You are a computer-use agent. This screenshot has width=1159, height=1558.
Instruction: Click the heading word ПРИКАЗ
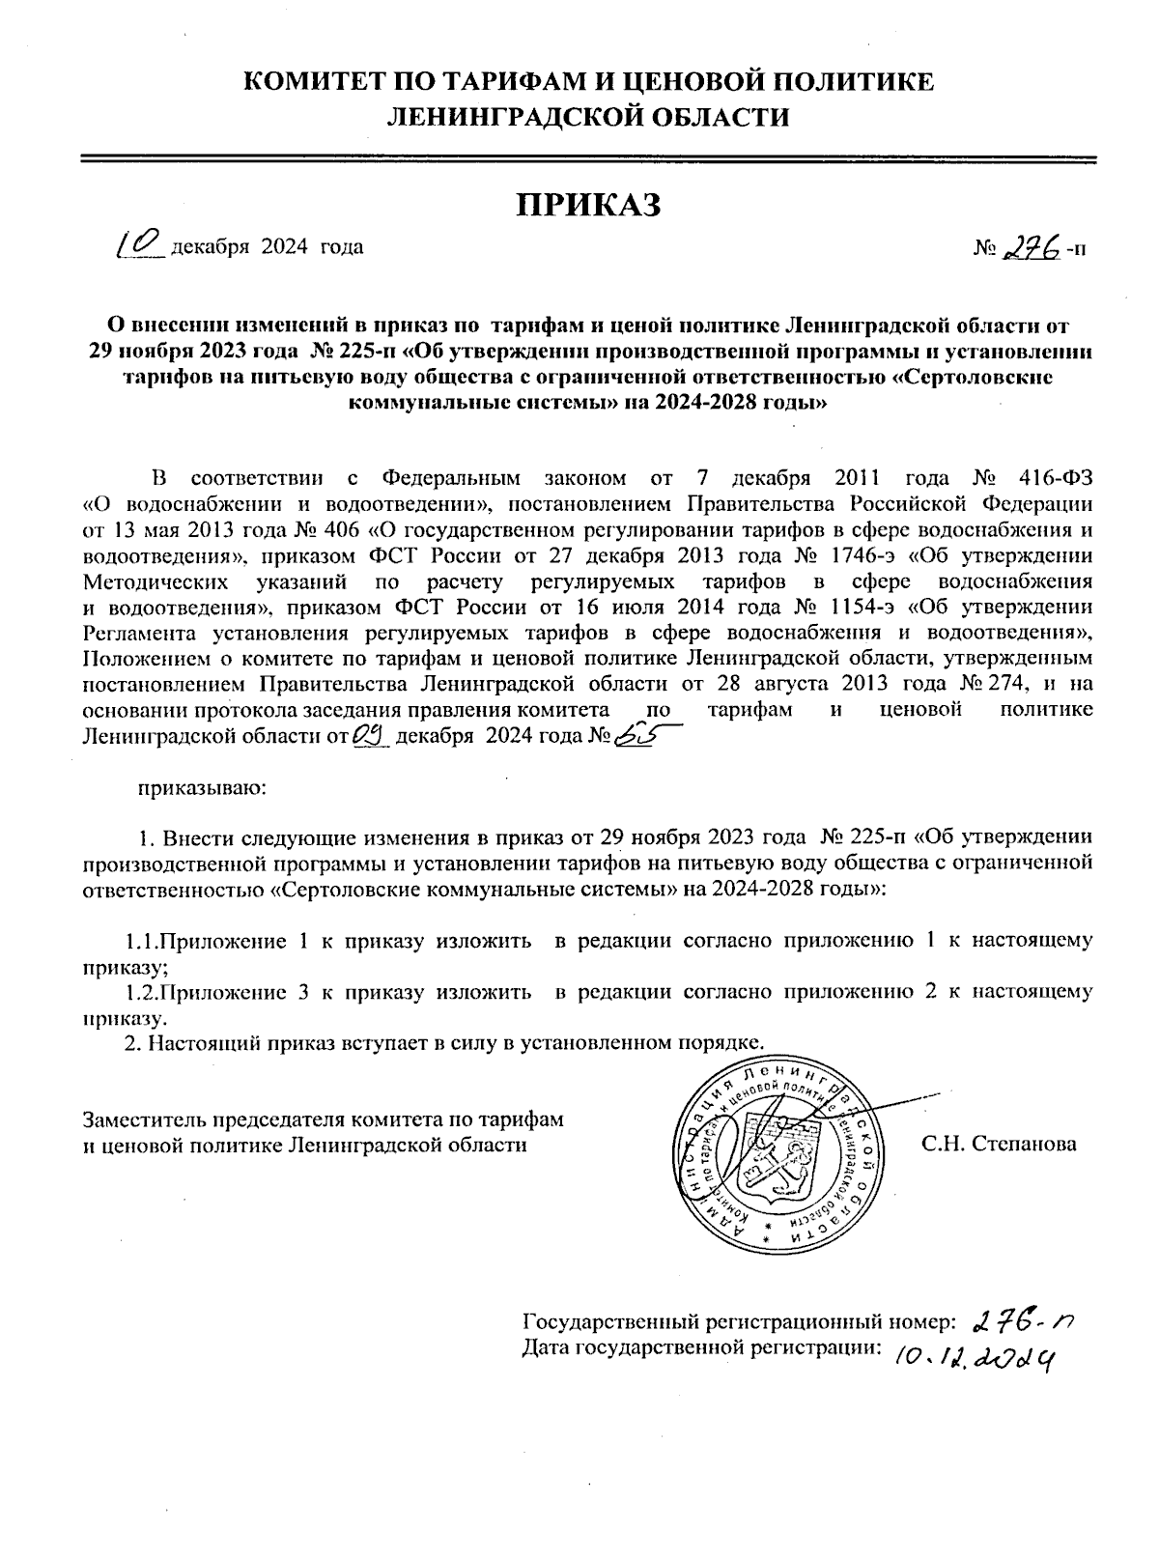pos(588,206)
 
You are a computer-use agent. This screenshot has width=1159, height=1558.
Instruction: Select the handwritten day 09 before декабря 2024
pos(371,737)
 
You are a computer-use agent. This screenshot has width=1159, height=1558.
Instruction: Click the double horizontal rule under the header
pos(588,158)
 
